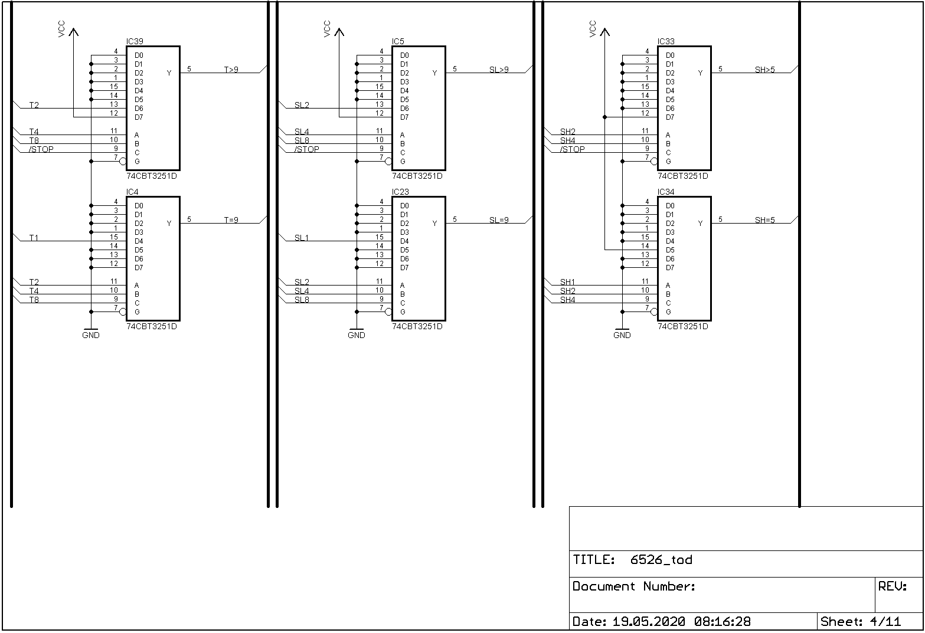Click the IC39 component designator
tap(135, 42)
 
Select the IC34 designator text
tap(666, 192)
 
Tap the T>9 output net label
tap(231, 70)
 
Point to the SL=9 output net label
tap(499, 220)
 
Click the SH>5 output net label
tap(765, 70)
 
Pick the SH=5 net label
tap(765, 220)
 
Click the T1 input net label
tap(34, 238)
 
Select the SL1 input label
tap(301, 238)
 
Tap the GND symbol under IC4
tap(91, 333)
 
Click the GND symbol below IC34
tap(622, 333)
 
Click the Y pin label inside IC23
tap(435, 224)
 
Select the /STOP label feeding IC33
tap(573, 149)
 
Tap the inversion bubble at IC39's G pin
tap(123, 161)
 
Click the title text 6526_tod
tap(661, 560)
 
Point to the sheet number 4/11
tap(885, 621)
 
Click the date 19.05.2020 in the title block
tap(649, 621)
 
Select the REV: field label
tap(893, 586)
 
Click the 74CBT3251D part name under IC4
tap(152, 326)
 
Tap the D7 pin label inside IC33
tap(670, 117)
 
